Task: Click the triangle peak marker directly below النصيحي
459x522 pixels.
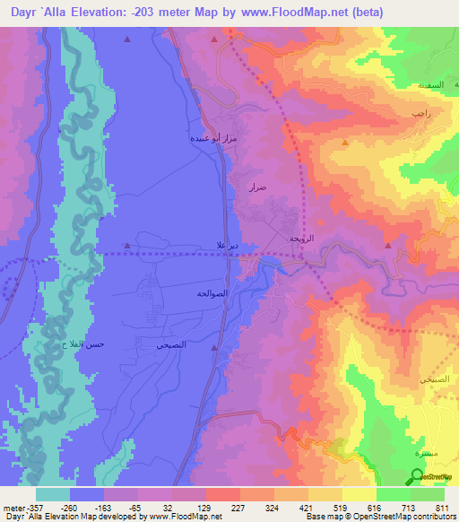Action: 214,347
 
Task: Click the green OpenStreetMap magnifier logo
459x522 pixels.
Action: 417,477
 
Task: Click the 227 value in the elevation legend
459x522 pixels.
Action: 237,507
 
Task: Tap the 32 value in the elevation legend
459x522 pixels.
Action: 168,507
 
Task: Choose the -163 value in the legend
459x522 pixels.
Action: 99,507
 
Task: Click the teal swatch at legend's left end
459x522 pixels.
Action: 53,494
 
